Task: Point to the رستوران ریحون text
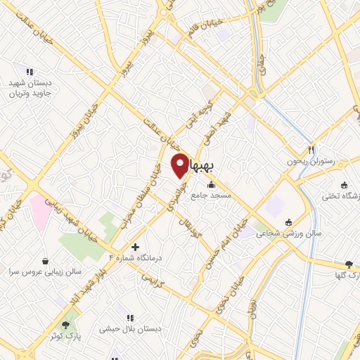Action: click(302, 162)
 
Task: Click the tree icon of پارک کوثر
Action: click(65, 325)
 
